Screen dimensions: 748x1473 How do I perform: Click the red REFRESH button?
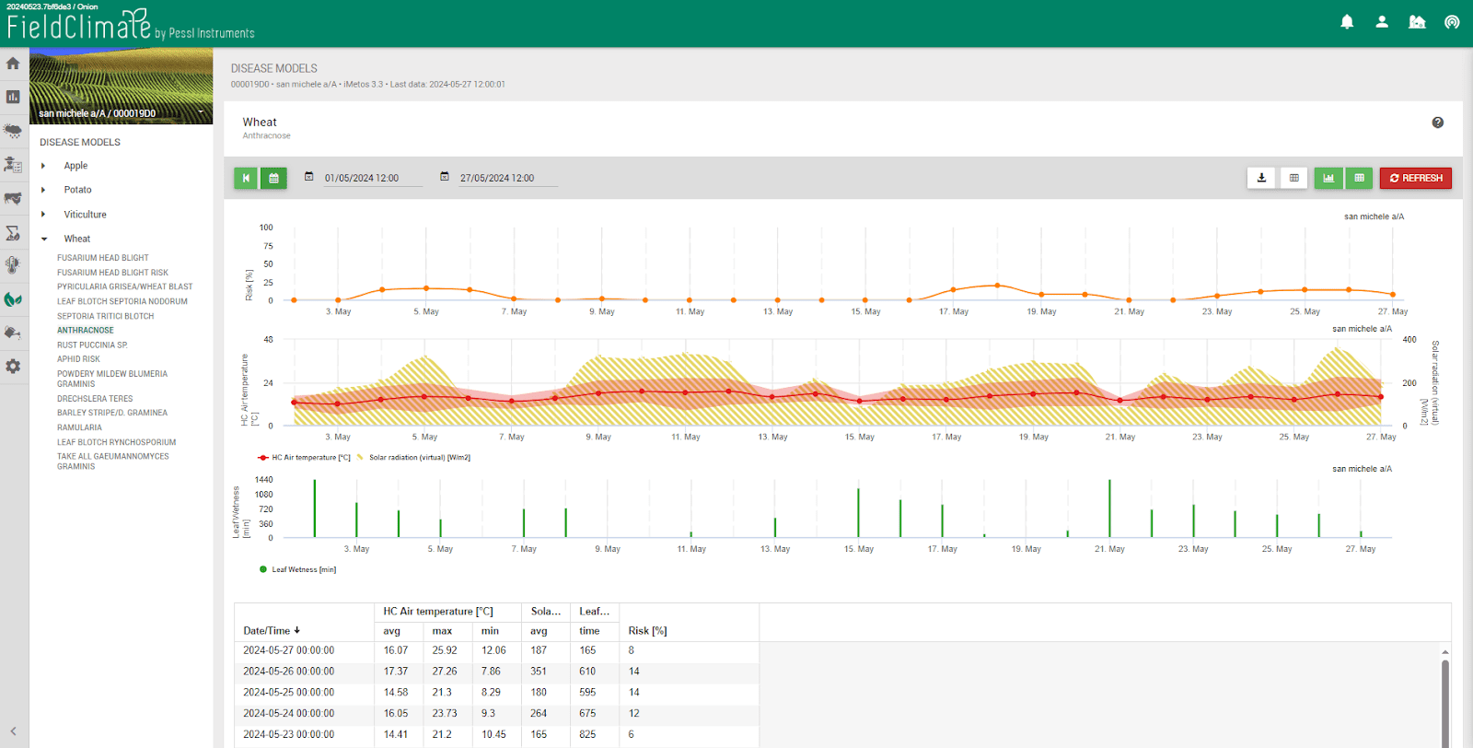1415,178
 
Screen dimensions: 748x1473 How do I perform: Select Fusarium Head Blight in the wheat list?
102,258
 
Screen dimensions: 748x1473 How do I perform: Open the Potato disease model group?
77,190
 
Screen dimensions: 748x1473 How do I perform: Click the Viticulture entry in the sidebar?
85,215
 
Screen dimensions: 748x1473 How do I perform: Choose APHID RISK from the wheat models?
78,359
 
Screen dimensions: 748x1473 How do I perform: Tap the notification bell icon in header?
1347,22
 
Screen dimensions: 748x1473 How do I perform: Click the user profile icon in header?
1382,22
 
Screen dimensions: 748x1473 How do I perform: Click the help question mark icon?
1437,123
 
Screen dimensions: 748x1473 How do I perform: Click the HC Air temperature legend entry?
309,458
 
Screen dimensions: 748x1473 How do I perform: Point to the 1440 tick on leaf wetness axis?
263,480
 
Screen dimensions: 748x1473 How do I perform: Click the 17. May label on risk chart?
954,312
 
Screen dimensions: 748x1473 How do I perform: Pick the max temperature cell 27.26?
444,672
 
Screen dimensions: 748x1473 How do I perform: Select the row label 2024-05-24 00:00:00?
288,714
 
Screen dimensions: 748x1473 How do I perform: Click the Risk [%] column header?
647,631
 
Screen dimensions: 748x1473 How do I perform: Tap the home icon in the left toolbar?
13,64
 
